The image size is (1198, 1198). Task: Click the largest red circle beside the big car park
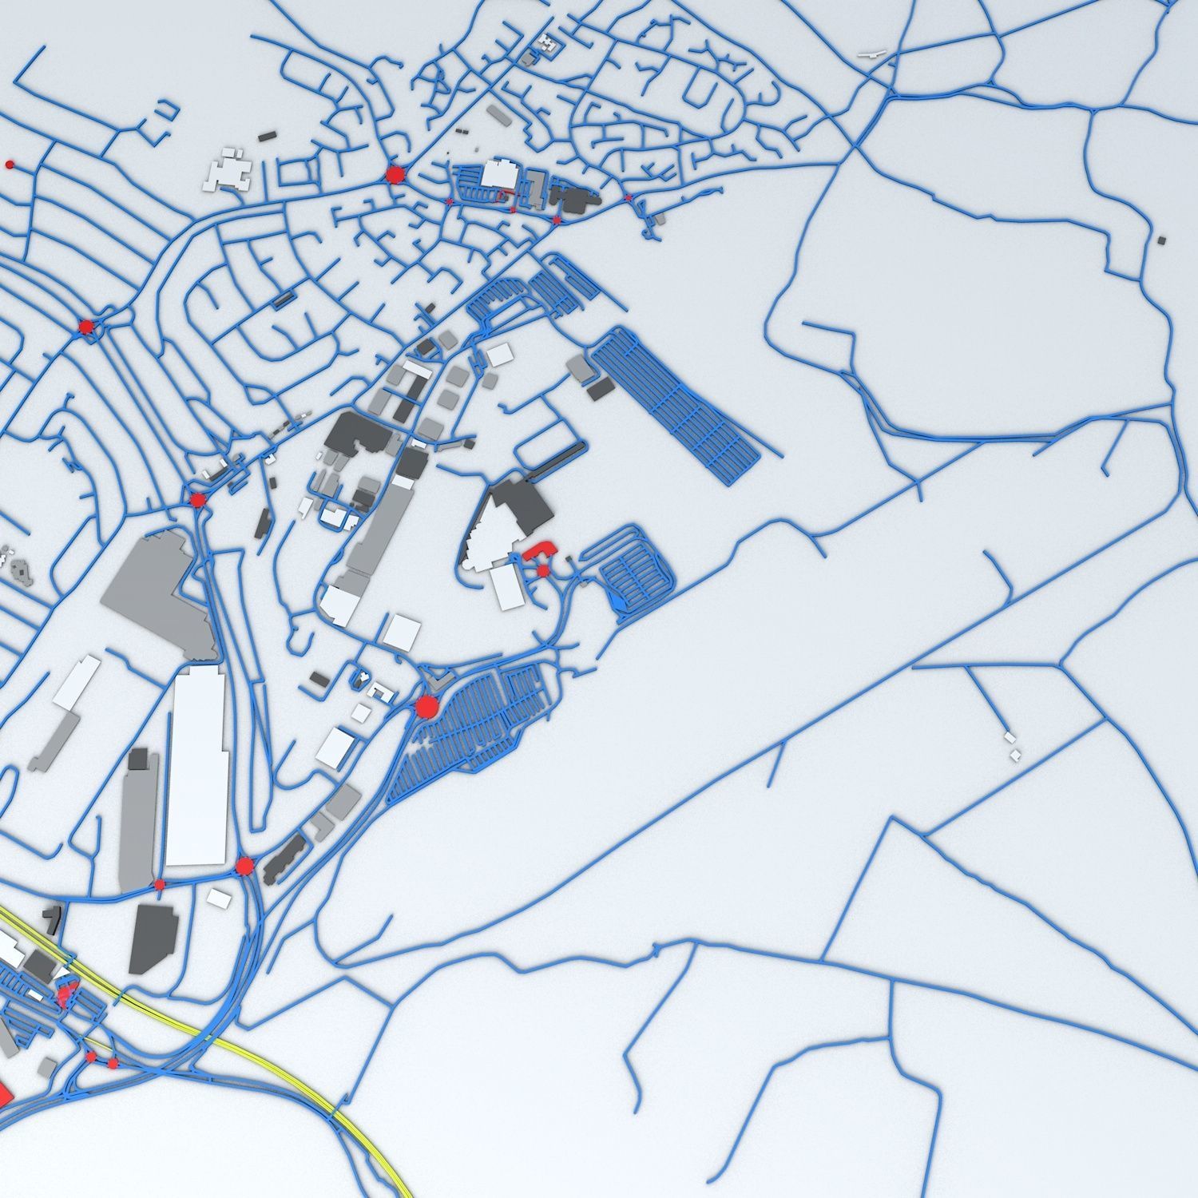[x=426, y=707]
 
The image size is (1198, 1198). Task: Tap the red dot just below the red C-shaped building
[x=543, y=571]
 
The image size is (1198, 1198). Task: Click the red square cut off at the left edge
[x=4, y=1094]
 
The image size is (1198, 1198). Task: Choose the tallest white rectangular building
[x=196, y=767]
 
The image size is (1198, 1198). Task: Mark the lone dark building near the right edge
[x=1161, y=240]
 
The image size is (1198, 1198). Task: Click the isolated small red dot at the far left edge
[x=10, y=165]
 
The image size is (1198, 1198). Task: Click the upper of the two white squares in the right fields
[x=1010, y=737]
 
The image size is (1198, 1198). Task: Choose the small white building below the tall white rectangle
[x=219, y=898]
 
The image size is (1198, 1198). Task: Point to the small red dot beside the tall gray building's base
[x=160, y=884]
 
